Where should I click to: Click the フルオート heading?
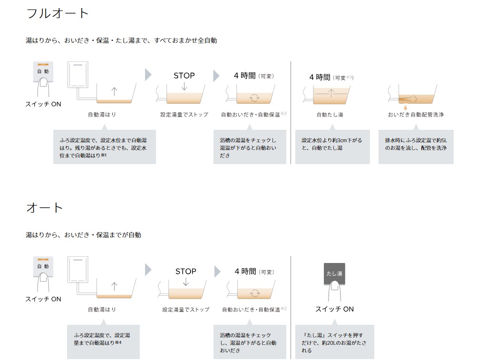(x=58, y=13)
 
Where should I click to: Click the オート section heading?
(x=45, y=208)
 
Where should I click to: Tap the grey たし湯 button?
(x=334, y=273)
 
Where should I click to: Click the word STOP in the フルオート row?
(x=184, y=76)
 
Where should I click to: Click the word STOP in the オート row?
(x=186, y=272)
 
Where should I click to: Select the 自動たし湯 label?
(x=330, y=115)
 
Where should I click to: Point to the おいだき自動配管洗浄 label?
(x=416, y=115)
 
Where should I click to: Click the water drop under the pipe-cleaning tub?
(x=405, y=107)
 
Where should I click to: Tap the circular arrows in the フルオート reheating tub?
(x=254, y=98)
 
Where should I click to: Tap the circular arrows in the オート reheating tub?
(x=255, y=293)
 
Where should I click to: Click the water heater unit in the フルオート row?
(x=78, y=74)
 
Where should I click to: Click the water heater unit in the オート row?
(x=78, y=270)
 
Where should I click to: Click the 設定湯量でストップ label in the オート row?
(x=186, y=310)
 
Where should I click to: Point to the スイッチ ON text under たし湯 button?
(x=334, y=309)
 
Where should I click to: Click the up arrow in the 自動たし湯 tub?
(x=331, y=93)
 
